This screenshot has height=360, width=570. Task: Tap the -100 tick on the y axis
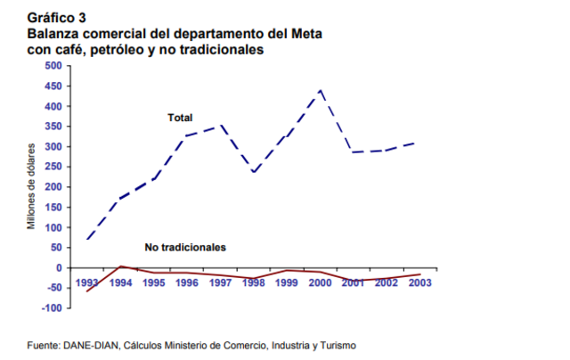pyautogui.click(x=49, y=307)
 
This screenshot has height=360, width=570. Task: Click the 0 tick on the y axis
pyautogui.click(x=58, y=267)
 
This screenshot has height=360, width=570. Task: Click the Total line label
pyautogui.click(x=180, y=118)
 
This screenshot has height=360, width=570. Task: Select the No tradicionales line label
pyautogui.click(x=185, y=246)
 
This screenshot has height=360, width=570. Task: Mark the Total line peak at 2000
pyautogui.click(x=321, y=90)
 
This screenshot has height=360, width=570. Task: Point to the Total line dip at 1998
pyautogui.click(x=254, y=172)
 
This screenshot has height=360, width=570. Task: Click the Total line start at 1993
pyautogui.click(x=87, y=239)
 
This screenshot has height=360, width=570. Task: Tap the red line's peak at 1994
pyautogui.click(x=120, y=266)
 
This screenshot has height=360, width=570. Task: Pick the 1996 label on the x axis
pyautogui.click(x=186, y=282)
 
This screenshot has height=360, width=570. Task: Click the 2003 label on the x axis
pyautogui.click(x=420, y=282)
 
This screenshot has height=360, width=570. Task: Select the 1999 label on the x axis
pyautogui.click(x=287, y=282)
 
